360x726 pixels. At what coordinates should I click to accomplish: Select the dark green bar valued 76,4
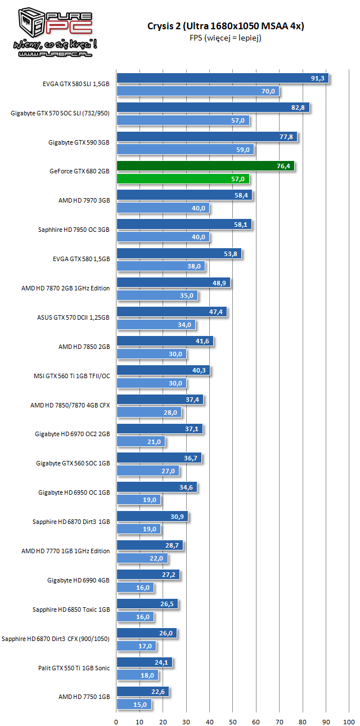pyautogui.click(x=205, y=166)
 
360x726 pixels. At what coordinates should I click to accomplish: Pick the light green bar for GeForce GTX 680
pyautogui.click(x=182, y=179)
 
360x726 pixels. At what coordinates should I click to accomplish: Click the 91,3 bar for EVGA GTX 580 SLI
pyautogui.click(x=222, y=78)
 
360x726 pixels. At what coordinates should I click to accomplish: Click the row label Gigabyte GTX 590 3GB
pyautogui.click(x=79, y=143)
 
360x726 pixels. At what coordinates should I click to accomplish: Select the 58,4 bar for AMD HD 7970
pyautogui.click(x=184, y=195)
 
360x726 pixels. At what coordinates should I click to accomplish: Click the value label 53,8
pyautogui.click(x=231, y=254)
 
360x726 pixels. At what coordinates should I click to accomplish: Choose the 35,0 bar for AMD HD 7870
pyautogui.click(x=157, y=295)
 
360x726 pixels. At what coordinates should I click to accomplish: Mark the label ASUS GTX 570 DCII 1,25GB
pyautogui.click(x=73, y=318)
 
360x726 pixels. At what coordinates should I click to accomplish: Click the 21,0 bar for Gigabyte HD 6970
pyautogui.click(x=141, y=442)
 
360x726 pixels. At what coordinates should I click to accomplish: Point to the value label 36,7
pyautogui.click(x=190, y=459)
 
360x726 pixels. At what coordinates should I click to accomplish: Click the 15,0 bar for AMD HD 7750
pyautogui.click(x=134, y=705)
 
